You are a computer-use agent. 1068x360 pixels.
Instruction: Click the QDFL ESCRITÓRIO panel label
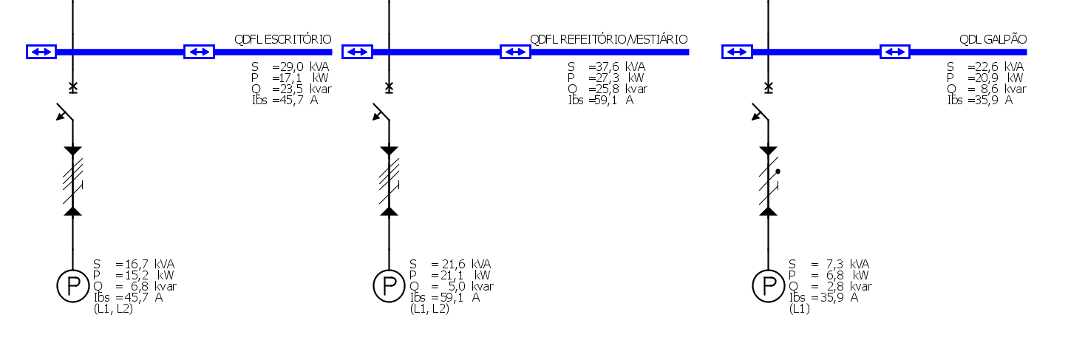tap(283, 39)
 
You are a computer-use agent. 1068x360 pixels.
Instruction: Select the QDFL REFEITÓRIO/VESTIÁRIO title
tap(609, 39)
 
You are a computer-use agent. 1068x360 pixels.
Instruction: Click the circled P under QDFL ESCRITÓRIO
tap(72, 285)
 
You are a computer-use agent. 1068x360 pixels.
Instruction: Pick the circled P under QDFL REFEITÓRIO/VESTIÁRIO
tap(389, 285)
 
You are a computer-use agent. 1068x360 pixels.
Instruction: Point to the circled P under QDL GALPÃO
tap(769, 285)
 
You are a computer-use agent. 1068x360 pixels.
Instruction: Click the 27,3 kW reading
tap(616, 78)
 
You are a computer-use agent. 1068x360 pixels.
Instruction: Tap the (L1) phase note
tap(800, 309)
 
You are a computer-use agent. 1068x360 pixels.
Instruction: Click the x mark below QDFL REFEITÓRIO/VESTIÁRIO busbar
tap(389, 87)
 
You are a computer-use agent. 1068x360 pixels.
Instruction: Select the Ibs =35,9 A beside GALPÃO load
tap(824, 298)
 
